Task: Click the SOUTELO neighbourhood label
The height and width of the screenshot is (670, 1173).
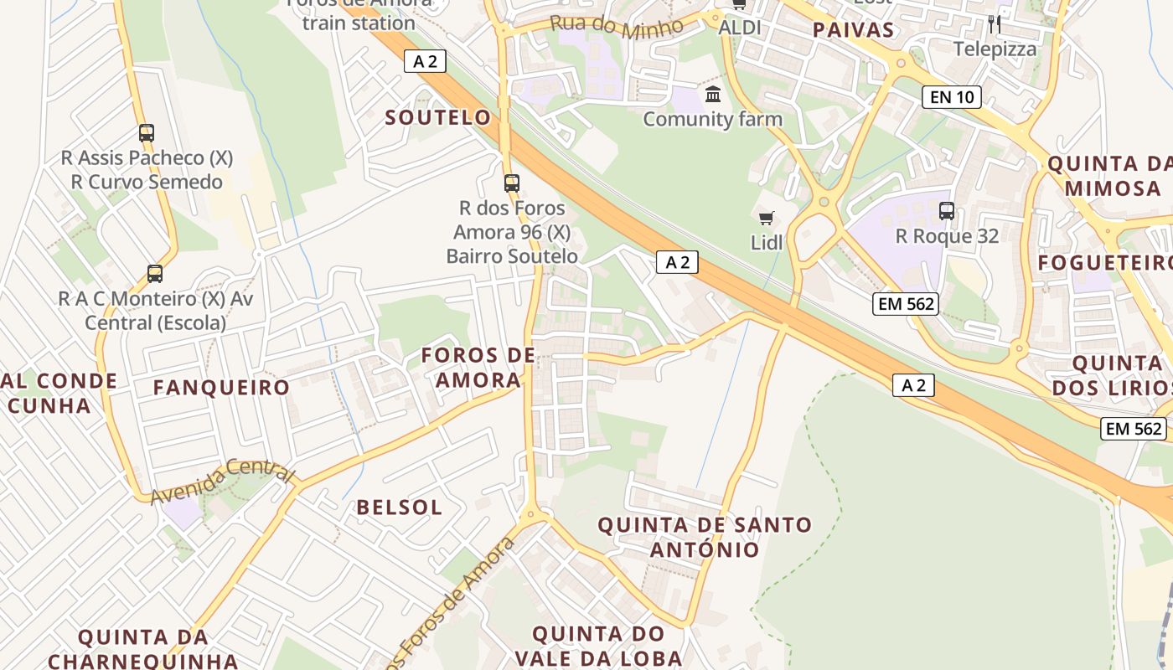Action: click(x=437, y=117)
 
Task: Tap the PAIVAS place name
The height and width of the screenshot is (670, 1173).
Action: click(x=853, y=31)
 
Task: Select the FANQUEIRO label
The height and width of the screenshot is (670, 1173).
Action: click(x=221, y=388)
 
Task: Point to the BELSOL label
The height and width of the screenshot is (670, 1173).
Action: click(x=399, y=508)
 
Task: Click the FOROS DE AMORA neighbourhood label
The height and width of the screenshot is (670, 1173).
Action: click(x=478, y=368)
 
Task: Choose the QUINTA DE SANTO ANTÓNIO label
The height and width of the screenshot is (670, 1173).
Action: click(x=704, y=538)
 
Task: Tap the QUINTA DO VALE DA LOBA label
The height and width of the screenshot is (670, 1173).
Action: click(x=598, y=645)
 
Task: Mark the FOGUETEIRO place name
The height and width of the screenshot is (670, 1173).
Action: click(x=1104, y=263)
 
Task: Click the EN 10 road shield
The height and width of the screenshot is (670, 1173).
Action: click(x=952, y=97)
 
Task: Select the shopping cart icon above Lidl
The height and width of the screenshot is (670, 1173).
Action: click(x=766, y=219)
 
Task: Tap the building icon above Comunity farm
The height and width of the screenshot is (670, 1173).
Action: click(x=713, y=94)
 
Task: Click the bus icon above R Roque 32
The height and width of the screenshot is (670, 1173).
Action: click(x=947, y=211)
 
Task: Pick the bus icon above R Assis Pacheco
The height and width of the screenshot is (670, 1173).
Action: click(x=147, y=132)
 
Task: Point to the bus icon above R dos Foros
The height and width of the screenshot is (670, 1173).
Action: click(x=511, y=183)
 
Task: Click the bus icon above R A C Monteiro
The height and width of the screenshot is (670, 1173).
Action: click(x=155, y=273)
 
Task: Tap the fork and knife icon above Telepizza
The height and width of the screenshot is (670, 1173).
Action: click(x=995, y=23)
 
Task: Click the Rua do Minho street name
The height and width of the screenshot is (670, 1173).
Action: click(x=617, y=26)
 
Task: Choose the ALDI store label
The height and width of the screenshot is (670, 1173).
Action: click(x=740, y=28)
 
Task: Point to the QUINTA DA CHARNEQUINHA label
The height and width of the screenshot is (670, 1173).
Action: click(x=142, y=648)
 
